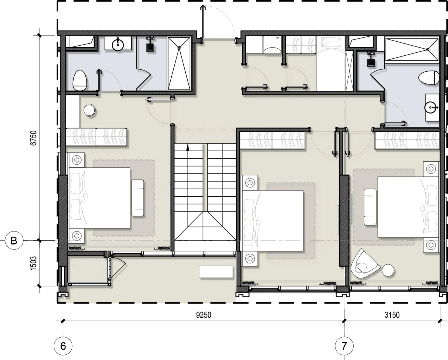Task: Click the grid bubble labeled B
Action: pos(14,241)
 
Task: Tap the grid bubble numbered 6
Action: pos(63,346)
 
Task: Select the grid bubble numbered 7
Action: pos(344,346)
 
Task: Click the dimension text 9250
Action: pos(204,315)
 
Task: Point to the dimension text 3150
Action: pos(392,315)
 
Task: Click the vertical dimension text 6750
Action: pos(34,138)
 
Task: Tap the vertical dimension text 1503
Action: pos(34,263)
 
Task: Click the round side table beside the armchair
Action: pos(388,270)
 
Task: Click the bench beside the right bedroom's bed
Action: pos(370,207)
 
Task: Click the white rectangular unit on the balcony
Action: pos(216,272)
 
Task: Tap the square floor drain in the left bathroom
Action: pos(150,48)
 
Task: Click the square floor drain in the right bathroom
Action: pos(370,62)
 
